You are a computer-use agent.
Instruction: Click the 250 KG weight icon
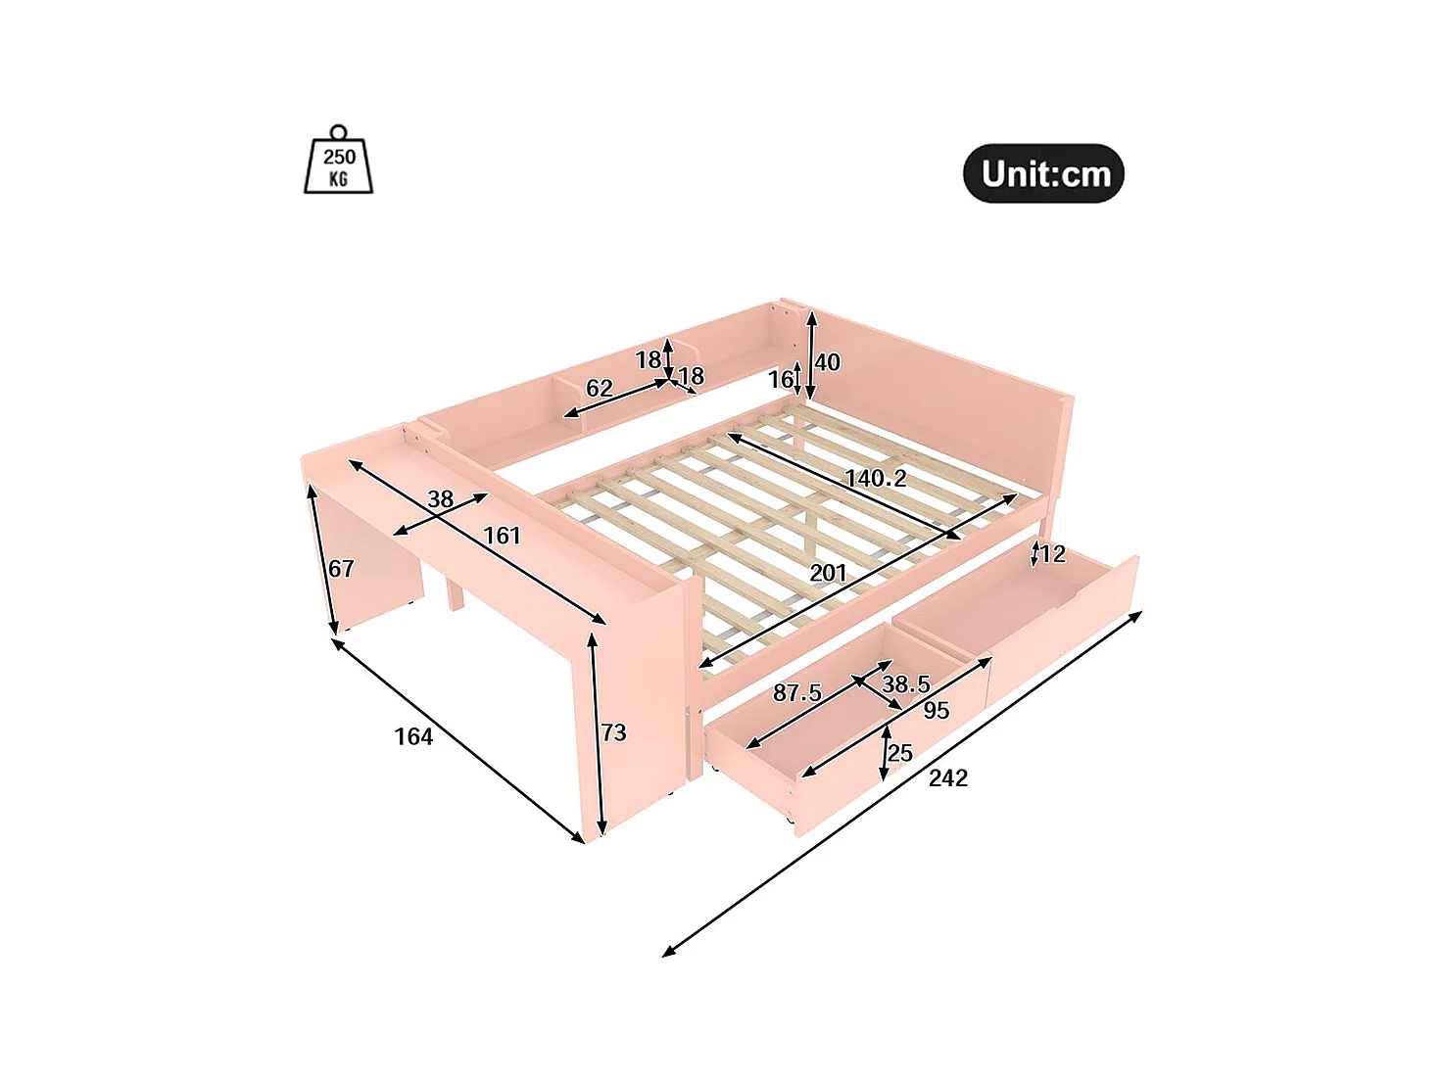[339, 160]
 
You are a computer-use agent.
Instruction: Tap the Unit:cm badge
[1043, 173]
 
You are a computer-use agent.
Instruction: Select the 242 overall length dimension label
[948, 778]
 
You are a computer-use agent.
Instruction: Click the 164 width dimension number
[413, 736]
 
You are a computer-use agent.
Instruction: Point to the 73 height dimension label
[614, 732]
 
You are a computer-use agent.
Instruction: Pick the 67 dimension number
[341, 569]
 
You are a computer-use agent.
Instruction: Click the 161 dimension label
[503, 537]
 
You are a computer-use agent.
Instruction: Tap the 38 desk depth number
[441, 499]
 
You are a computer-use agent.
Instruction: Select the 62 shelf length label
[599, 389]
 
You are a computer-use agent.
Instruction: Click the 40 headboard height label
[827, 362]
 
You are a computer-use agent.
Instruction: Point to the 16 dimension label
[781, 379]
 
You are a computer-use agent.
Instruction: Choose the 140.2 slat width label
[876, 479]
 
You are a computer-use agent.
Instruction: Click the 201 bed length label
[828, 574]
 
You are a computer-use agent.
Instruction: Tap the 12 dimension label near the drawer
[1052, 554]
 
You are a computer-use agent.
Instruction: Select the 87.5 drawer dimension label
[796, 692]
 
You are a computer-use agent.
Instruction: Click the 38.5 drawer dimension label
[905, 684]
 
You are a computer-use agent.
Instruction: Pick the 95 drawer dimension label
[937, 710]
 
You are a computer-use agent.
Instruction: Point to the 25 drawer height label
[899, 753]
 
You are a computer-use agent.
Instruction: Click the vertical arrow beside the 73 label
[598, 734]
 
